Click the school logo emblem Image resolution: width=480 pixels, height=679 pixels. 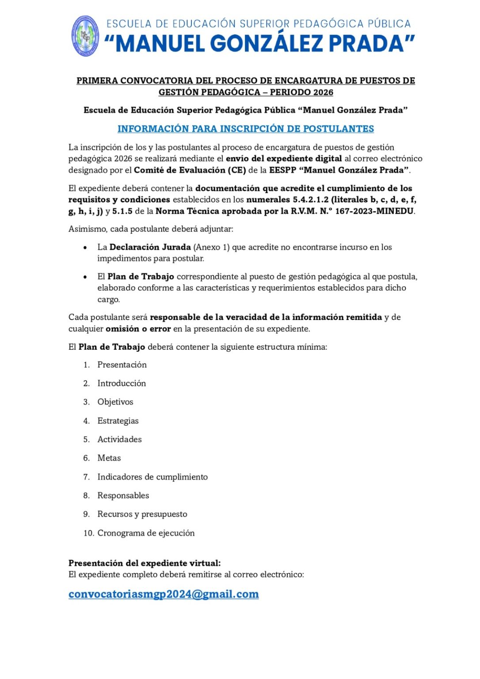click(x=85, y=36)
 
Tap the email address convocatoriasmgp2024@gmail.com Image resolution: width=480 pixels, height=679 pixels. click(x=164, y=594)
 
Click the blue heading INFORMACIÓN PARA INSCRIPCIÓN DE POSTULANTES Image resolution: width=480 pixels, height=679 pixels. click(x=246, y=129)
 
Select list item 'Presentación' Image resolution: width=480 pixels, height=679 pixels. click(x=122, y=365)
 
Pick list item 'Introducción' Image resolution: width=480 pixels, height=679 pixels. click(x=122, y=383)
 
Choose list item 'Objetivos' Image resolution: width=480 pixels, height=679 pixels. click(x=115, y=402)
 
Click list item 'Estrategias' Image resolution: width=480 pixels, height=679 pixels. click(x=118, y=421)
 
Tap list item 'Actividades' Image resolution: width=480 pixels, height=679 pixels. click(x=119, y=439)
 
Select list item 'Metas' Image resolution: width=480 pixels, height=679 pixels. click(x=109, y=458)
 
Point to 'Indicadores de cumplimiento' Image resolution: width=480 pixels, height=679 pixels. click(x=152, y=477)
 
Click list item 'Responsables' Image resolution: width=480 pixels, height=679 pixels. click(x=123, y=496)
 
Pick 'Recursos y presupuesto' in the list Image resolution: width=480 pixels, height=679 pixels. click(x=142, y=514)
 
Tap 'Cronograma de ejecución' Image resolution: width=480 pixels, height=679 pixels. click(x=146, y=533)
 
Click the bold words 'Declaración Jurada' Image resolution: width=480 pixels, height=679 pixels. click(x=150, y=247)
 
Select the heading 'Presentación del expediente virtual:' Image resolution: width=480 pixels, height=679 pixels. click(x=145, y=563)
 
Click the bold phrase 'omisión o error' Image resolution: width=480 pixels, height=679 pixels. click(x=138, y=329)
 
